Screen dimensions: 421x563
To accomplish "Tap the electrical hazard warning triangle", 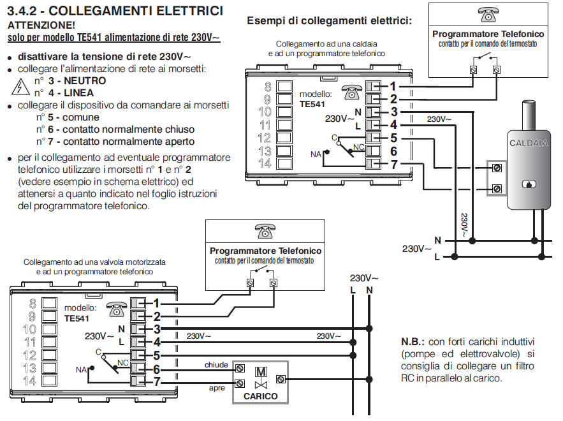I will [x=20, y=87].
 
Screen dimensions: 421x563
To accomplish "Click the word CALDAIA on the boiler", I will [x=529, y=144].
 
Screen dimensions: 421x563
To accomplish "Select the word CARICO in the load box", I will [x=261, y=396].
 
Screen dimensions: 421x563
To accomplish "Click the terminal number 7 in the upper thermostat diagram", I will [x=393, y=164].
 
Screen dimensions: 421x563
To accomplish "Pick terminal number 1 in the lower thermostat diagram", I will [x=156, y=303].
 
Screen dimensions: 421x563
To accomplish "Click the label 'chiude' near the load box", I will [x=216, y=366].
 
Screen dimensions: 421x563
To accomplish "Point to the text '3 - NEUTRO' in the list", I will [x=77, y=81].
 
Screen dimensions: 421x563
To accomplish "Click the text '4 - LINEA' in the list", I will [x=72, y=93].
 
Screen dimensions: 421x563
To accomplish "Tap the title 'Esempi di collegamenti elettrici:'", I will [x=329, y=20].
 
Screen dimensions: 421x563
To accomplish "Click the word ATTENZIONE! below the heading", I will [x=41, y=26].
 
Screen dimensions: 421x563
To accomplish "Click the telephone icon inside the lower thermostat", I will [x=116, y=307].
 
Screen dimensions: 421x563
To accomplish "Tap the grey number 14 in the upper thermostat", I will [x=264, y=163].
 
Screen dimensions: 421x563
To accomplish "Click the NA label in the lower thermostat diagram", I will [x=80, y=369].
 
